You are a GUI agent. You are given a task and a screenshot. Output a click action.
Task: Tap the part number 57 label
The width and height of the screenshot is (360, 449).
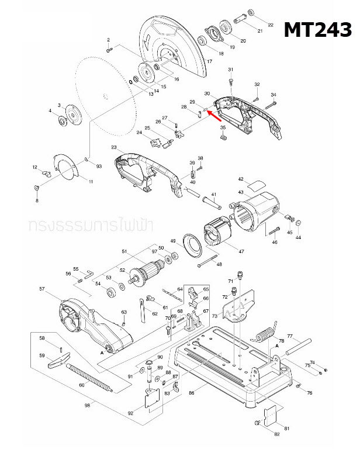41,289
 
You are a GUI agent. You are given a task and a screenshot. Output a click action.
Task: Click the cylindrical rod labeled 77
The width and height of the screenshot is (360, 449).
299,348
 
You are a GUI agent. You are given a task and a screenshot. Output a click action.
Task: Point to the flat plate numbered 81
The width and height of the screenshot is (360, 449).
272,417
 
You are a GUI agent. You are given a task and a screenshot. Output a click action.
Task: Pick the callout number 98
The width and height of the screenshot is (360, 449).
87,405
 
